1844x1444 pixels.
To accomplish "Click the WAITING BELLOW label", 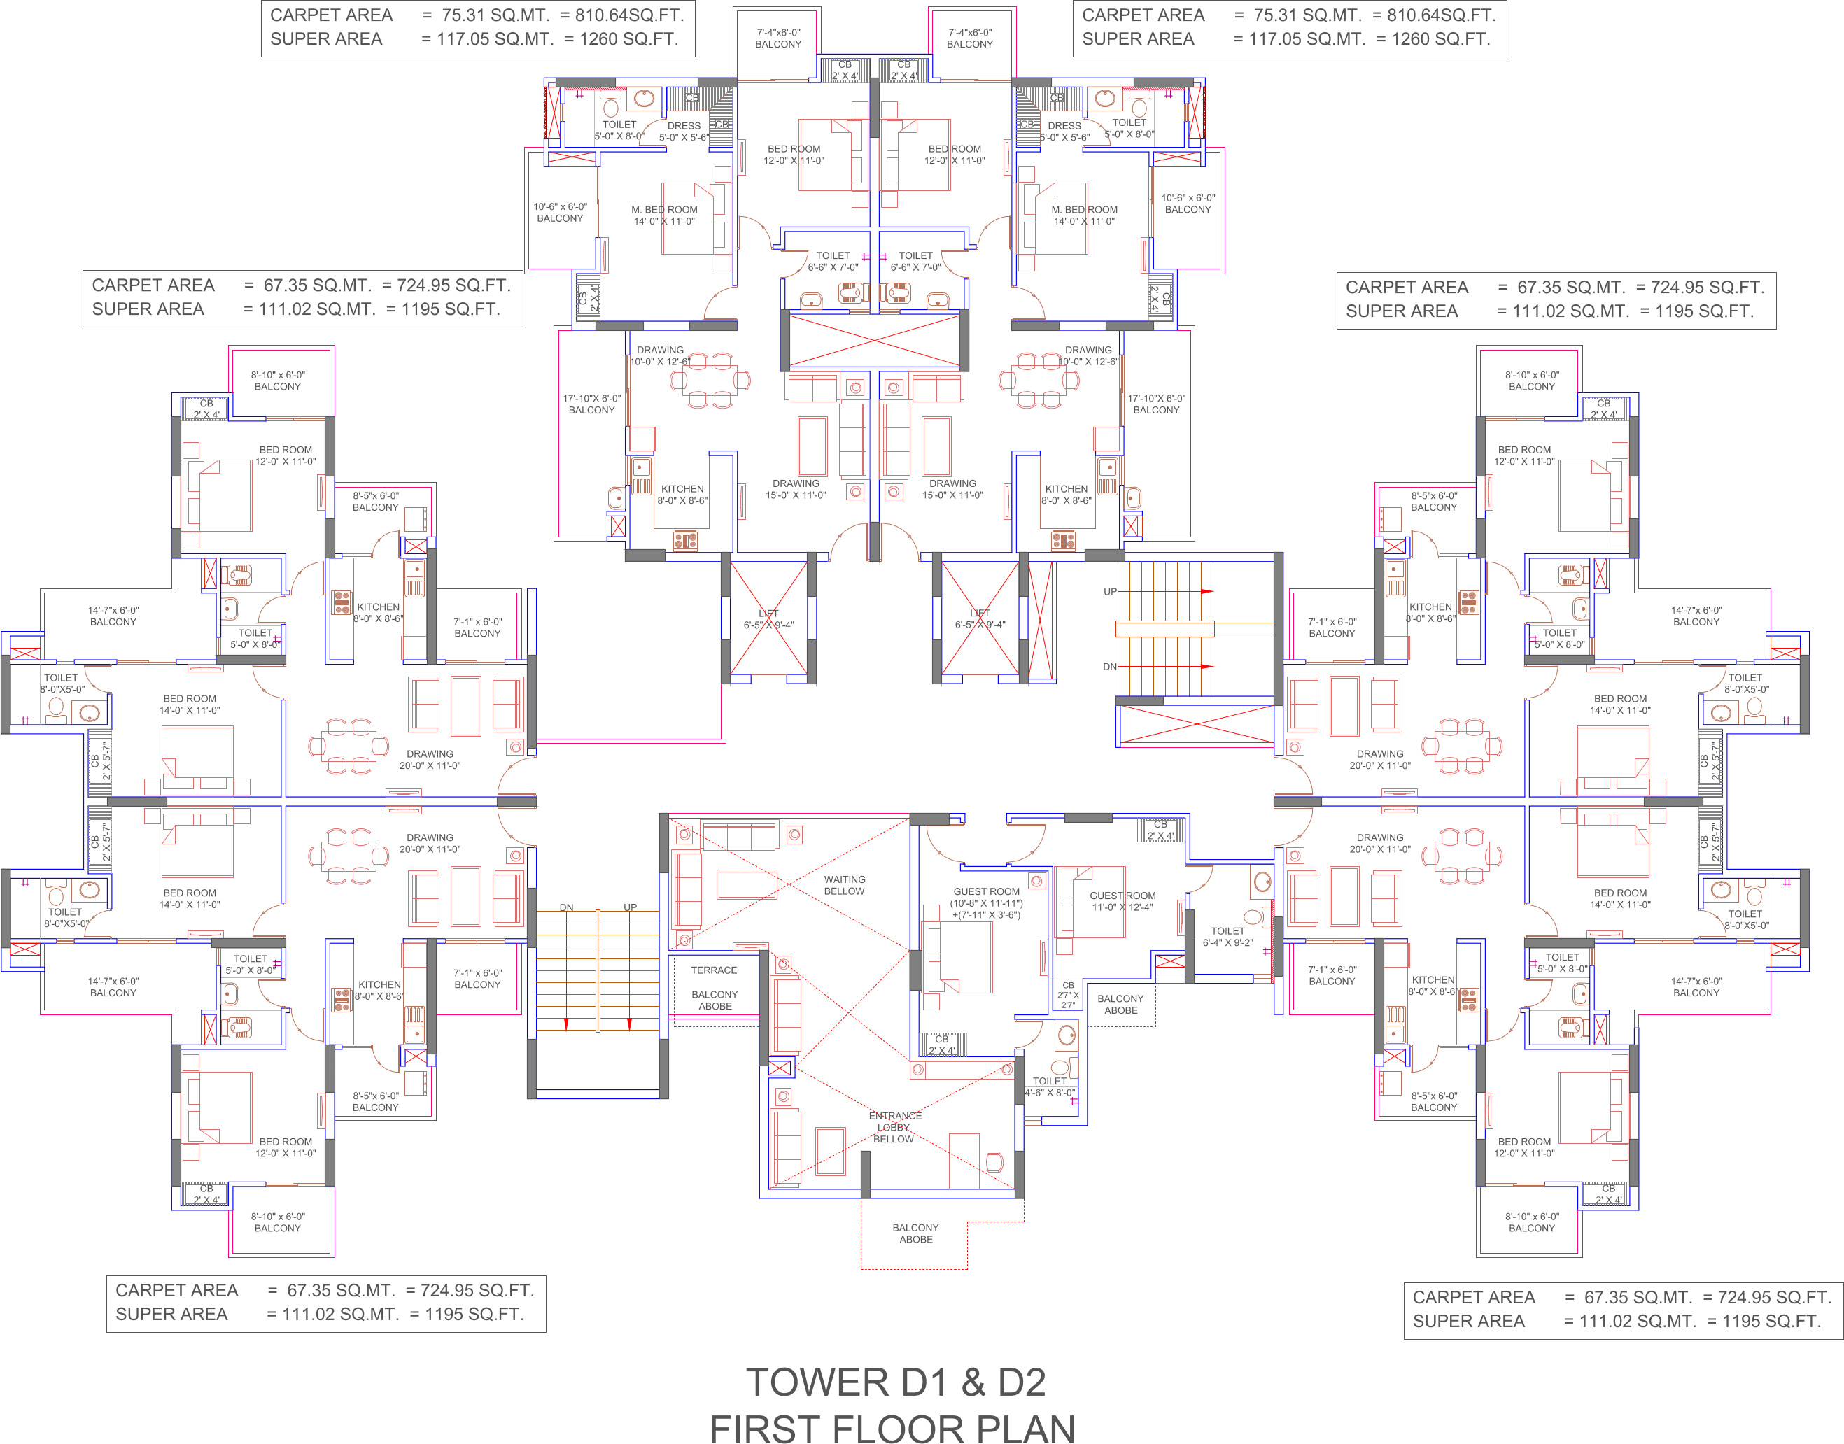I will [844, 885].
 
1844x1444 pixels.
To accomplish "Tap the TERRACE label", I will [714, 970].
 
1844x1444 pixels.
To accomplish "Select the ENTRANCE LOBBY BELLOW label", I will [894, 1127].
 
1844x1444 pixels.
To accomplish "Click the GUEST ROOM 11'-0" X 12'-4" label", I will [1122, 901].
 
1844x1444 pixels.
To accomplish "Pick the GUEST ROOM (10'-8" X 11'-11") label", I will [986, 897].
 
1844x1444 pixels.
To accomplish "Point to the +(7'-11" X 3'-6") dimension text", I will [986, 915].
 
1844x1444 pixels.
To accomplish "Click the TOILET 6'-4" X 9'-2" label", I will [1227, 937].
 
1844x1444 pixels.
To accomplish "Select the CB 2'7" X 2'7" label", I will [1068, 995].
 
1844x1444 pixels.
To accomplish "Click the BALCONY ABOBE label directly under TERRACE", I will [715, 1000].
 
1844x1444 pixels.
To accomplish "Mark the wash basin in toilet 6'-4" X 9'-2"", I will [1262, 882].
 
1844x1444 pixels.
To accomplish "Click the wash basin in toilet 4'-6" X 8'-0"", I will [1066, 1034].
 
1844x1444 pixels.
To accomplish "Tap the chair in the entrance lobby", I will [994, 1161].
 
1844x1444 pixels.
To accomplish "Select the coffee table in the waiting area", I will [746, 884].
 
